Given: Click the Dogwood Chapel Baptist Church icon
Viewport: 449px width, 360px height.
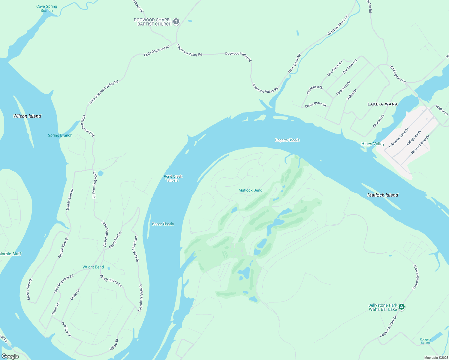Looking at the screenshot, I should (x=176, y=22).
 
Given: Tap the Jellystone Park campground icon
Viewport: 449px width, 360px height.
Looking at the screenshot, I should (x=402, y=307).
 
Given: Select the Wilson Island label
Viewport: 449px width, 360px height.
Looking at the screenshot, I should (x=27, y=116).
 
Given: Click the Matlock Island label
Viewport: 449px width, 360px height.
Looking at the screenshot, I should (x=383, y=195).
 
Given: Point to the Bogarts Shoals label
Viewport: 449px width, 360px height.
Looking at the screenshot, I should (x=287, y=140).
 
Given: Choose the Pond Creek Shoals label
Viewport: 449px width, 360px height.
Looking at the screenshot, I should (x=173, y=178).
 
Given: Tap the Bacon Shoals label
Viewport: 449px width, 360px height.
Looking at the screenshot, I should (x=163, y=224).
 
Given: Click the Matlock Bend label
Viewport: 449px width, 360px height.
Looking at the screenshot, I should (x=250, y=190).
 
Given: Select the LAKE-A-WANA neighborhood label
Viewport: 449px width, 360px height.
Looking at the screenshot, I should (x=383, y=104).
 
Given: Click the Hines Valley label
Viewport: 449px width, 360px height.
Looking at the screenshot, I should (x=373, y=144).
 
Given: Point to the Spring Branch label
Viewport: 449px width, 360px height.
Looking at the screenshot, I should (x=60, y=135).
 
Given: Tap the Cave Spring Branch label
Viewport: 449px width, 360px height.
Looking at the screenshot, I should (x=47, y=8).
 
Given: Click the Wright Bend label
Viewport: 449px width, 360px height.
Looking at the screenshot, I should (x=93, y=267).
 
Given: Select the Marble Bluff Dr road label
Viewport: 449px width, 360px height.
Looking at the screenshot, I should (x=70, y=199).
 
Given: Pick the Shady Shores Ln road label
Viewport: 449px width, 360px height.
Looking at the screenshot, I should (x=111, y=281).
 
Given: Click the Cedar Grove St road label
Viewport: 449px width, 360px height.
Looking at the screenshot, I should (x=315, y=105).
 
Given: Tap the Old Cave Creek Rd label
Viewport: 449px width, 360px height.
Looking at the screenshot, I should (x=338, y=25).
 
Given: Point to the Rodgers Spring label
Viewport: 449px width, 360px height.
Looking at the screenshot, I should (x=425, y=341).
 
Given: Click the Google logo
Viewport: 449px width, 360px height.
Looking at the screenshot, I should (x=10, y=356).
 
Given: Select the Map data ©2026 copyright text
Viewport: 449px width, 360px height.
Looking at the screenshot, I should (x=436, y=358).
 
